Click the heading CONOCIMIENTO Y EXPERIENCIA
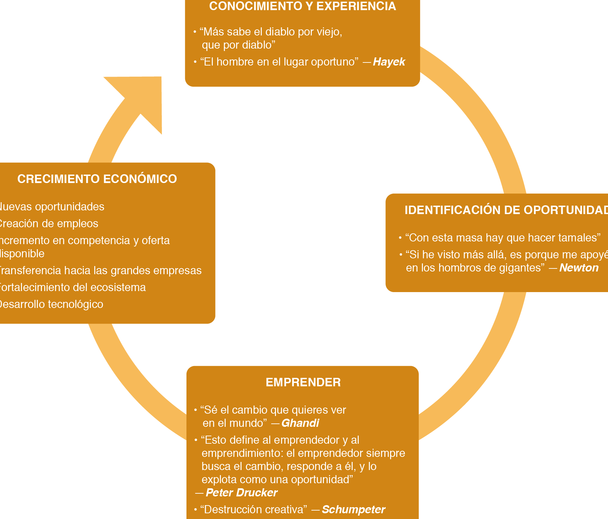point(302,6)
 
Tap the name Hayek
point(389,62)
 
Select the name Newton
point(579,268)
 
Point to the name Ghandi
point(300,423)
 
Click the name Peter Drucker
point(242,493)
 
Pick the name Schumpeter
point(353,510)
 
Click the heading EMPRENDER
point(303,382)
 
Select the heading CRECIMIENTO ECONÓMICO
point(97,179)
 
